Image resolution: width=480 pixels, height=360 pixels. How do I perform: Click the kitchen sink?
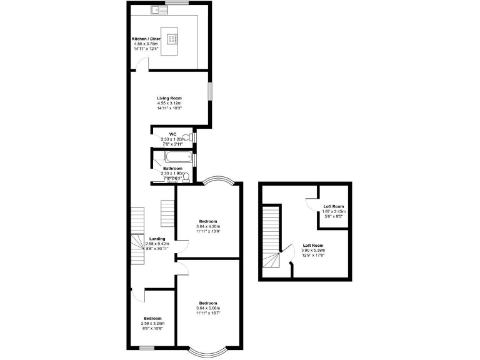pos(156,9)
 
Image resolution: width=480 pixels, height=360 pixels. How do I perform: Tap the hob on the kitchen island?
pos(171,37)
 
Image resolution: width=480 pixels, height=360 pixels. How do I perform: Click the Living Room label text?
pos(169,98)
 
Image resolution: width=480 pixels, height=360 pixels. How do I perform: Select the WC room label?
pos(172,134)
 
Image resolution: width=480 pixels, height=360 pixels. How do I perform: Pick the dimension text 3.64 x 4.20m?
pos(208,226)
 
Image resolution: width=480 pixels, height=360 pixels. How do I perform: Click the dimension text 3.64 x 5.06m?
pos(208,308)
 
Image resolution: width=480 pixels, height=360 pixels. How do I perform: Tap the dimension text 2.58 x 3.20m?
pos(153,323)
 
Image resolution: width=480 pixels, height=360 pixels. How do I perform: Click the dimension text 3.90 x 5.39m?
pos(313,250)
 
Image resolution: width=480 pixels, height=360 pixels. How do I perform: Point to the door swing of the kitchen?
pos(144,64)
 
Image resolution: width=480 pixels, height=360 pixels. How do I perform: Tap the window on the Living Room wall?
pos(210,90)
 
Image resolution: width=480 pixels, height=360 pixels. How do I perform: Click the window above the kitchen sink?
pos(181,4)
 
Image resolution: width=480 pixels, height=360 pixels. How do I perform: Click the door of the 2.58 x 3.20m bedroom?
pos(140,296)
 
